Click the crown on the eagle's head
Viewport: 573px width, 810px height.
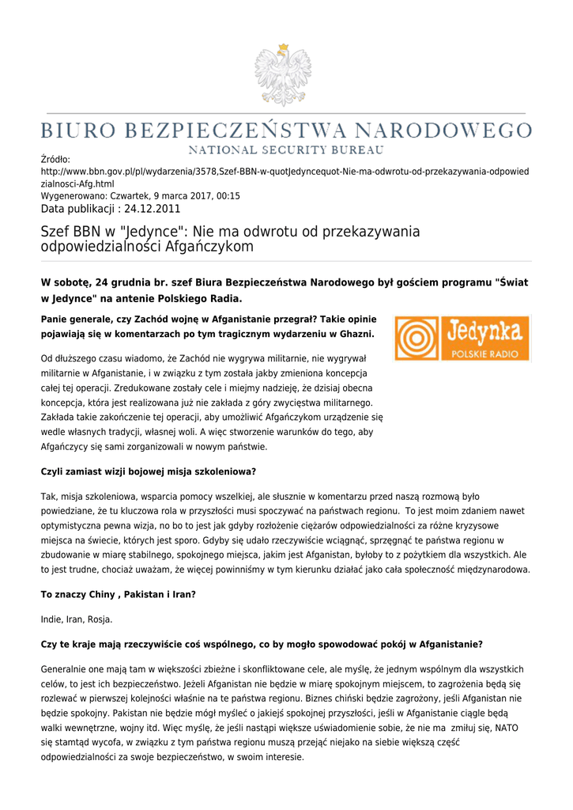pos(282,49)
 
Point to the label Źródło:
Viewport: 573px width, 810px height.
pos(55,160)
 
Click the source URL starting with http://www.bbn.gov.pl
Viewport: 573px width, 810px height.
pos(285,172)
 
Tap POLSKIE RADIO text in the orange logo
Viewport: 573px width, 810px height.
pos(484,352)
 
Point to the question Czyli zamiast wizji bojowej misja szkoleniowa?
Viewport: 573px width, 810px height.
pos(149,471)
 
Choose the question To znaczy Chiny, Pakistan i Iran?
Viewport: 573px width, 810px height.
pos(118,595)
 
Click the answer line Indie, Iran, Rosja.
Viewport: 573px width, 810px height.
pos(77,619)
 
